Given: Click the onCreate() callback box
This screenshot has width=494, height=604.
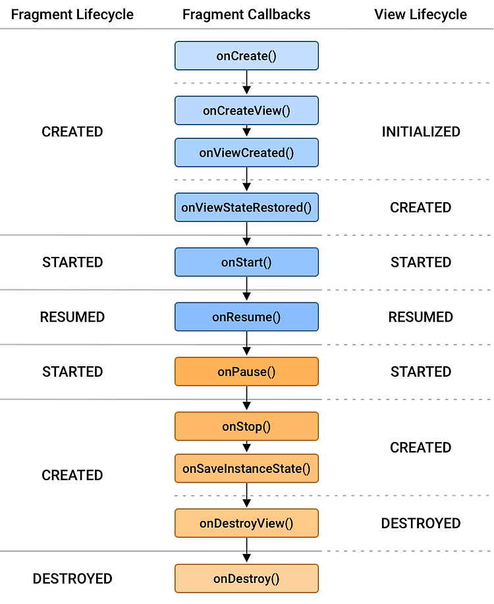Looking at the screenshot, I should (246, 56).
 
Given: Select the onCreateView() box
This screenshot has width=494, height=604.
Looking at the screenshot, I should (246, 111).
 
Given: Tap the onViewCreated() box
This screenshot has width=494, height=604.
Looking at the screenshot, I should (246, 153).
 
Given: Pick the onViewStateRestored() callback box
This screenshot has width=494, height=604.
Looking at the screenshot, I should (246, 207).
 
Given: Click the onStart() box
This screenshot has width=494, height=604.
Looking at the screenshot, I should (246, 262).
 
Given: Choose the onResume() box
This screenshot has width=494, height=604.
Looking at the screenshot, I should (246, 317).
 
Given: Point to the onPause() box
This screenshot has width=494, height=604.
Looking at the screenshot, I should (246, 371).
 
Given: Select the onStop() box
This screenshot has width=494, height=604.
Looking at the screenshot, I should (246, 426).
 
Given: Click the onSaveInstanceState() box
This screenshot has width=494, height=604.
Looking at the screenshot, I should (246, 468).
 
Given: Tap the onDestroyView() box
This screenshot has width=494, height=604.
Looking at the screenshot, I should (246, 523).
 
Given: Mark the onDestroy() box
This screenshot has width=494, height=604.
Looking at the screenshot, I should (246, 578).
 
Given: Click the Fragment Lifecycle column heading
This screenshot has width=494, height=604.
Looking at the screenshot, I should (72, 14).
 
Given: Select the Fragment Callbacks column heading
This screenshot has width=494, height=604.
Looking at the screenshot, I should (246, 14).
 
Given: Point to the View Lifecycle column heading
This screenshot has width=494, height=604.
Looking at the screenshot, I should (420, 14).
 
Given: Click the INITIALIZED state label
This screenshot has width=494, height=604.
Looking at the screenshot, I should (421, 132).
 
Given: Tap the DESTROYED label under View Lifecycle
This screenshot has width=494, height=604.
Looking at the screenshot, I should (421, 524).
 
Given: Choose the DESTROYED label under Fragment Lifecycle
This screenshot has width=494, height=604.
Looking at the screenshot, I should (72, 579).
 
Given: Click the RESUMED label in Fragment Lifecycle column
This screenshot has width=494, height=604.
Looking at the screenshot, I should (72, 317).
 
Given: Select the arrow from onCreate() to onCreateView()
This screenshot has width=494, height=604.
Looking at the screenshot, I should (246, 83).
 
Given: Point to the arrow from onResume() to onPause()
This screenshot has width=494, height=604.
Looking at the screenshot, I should (246, 344).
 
